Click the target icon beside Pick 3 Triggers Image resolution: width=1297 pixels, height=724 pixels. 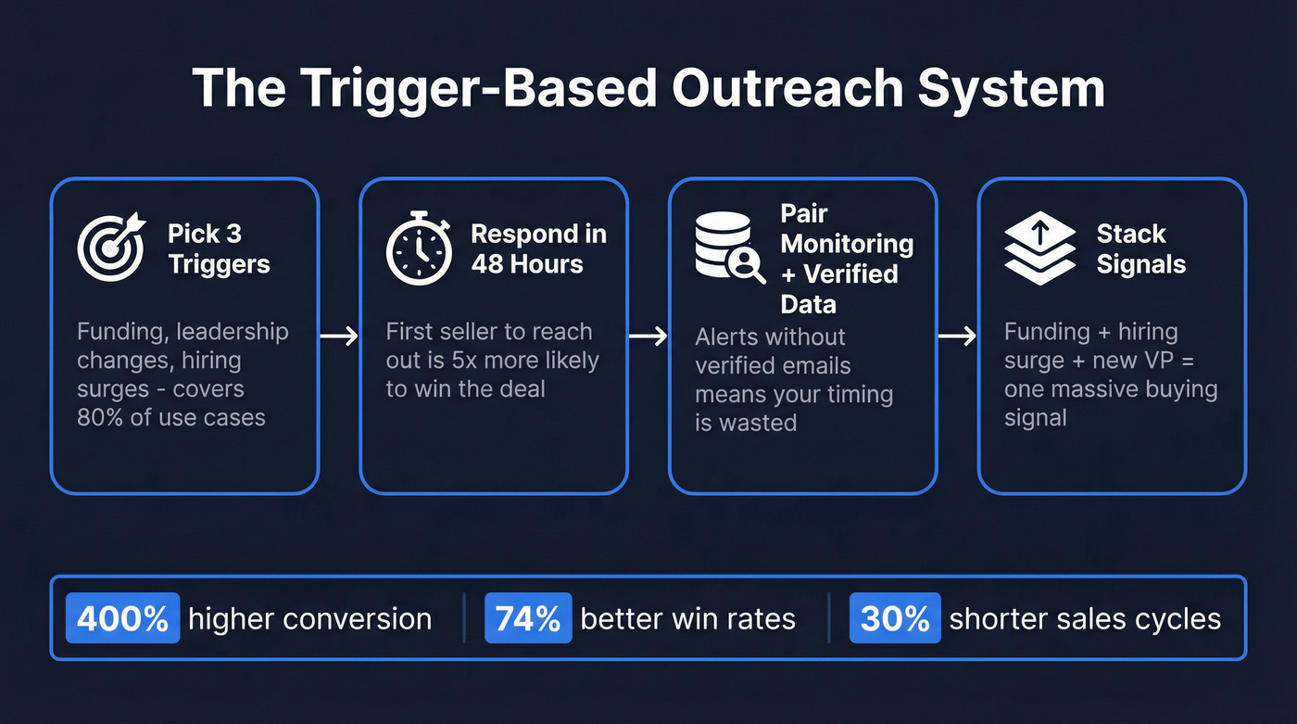click(x=111, y=248)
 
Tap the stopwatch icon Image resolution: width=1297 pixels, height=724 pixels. click(x=419, y=248)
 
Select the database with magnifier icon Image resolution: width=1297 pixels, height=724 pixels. click(x=729, y=248)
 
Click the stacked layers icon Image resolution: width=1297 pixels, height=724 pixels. click(x=1039, y=248)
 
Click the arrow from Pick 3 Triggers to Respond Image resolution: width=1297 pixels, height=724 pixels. click(x=339, y=336)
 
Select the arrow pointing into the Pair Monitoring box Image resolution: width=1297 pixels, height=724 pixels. click(x=648, y=336)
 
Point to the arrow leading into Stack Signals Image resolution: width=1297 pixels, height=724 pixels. click(x=958, y=336)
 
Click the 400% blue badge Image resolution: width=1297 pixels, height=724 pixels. click(x=123, y=618)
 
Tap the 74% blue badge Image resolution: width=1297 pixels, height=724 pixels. click(x=527, y=618)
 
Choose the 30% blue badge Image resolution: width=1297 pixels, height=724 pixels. click(x=894, y=618)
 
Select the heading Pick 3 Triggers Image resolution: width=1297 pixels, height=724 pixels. click(x=219, y=248)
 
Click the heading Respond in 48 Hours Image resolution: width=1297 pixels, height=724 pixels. click(x=538, y=248)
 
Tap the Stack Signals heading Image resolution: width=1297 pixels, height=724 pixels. click(x=1140, y=248)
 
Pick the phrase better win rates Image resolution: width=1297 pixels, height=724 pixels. click(x=687, y=618)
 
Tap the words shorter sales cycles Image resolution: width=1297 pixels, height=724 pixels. click(x=1085, y=618)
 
